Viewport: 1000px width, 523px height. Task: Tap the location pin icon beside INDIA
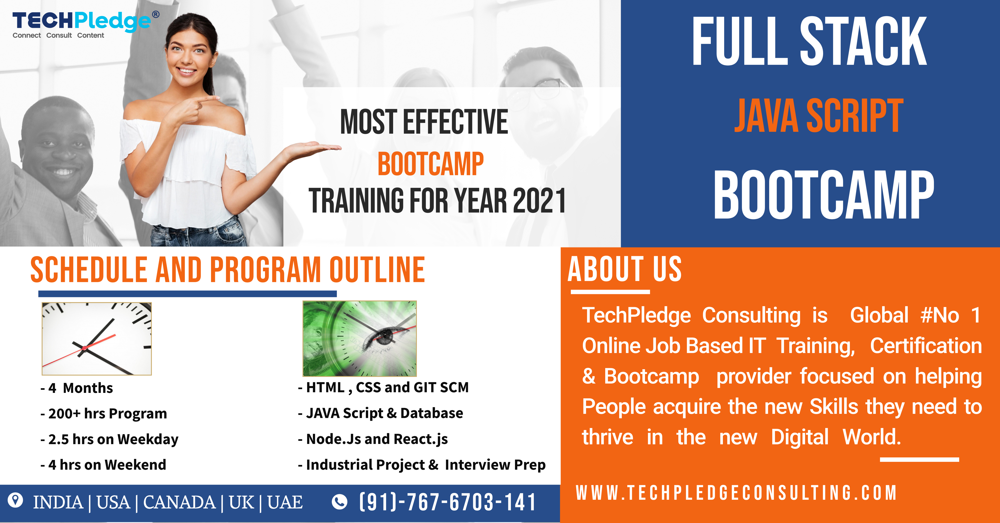pos(16,501)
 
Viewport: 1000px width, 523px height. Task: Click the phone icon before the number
pos(339,502)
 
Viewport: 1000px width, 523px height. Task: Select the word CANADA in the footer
pos(179,502)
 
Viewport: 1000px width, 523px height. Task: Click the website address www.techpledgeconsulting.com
pos(736,493)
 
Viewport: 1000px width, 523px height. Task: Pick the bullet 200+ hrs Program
pos(104,413)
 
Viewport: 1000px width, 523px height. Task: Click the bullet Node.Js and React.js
pos(373,439)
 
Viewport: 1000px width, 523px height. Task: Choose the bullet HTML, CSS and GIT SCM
pos(383,387)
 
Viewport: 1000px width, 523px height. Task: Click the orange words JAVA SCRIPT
pos(819,116)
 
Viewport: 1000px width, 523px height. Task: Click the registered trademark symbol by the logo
pos(156,14)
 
